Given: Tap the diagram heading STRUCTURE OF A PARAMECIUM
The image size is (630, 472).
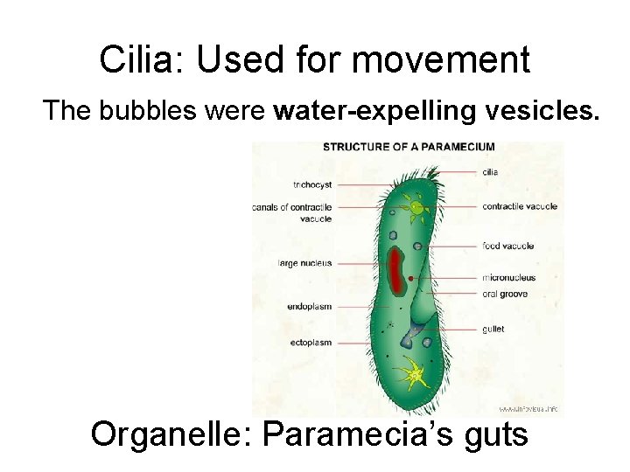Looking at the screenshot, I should (x=409, y=147).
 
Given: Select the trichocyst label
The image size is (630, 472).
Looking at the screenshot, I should (x=312, y=185).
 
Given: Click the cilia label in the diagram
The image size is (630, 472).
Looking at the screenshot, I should (x=490, y=172).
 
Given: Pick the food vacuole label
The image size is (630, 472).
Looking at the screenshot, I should (x=507, y=246).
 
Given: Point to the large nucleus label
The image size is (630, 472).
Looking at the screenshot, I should (x=304, y=262).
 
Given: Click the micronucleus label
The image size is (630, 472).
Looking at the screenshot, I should (x=508, y=278).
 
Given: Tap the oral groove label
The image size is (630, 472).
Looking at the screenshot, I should (x=505, y=295).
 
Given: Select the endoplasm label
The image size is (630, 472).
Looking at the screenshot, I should (x=309, y=307).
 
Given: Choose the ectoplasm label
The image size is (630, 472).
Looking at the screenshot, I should (x=311, y=343).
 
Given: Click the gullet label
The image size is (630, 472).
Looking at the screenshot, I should (x=493, y=330).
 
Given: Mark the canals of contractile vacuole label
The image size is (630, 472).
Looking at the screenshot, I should (x=292, y=213).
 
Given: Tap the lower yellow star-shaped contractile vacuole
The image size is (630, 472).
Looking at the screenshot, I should (x=411, y=374).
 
